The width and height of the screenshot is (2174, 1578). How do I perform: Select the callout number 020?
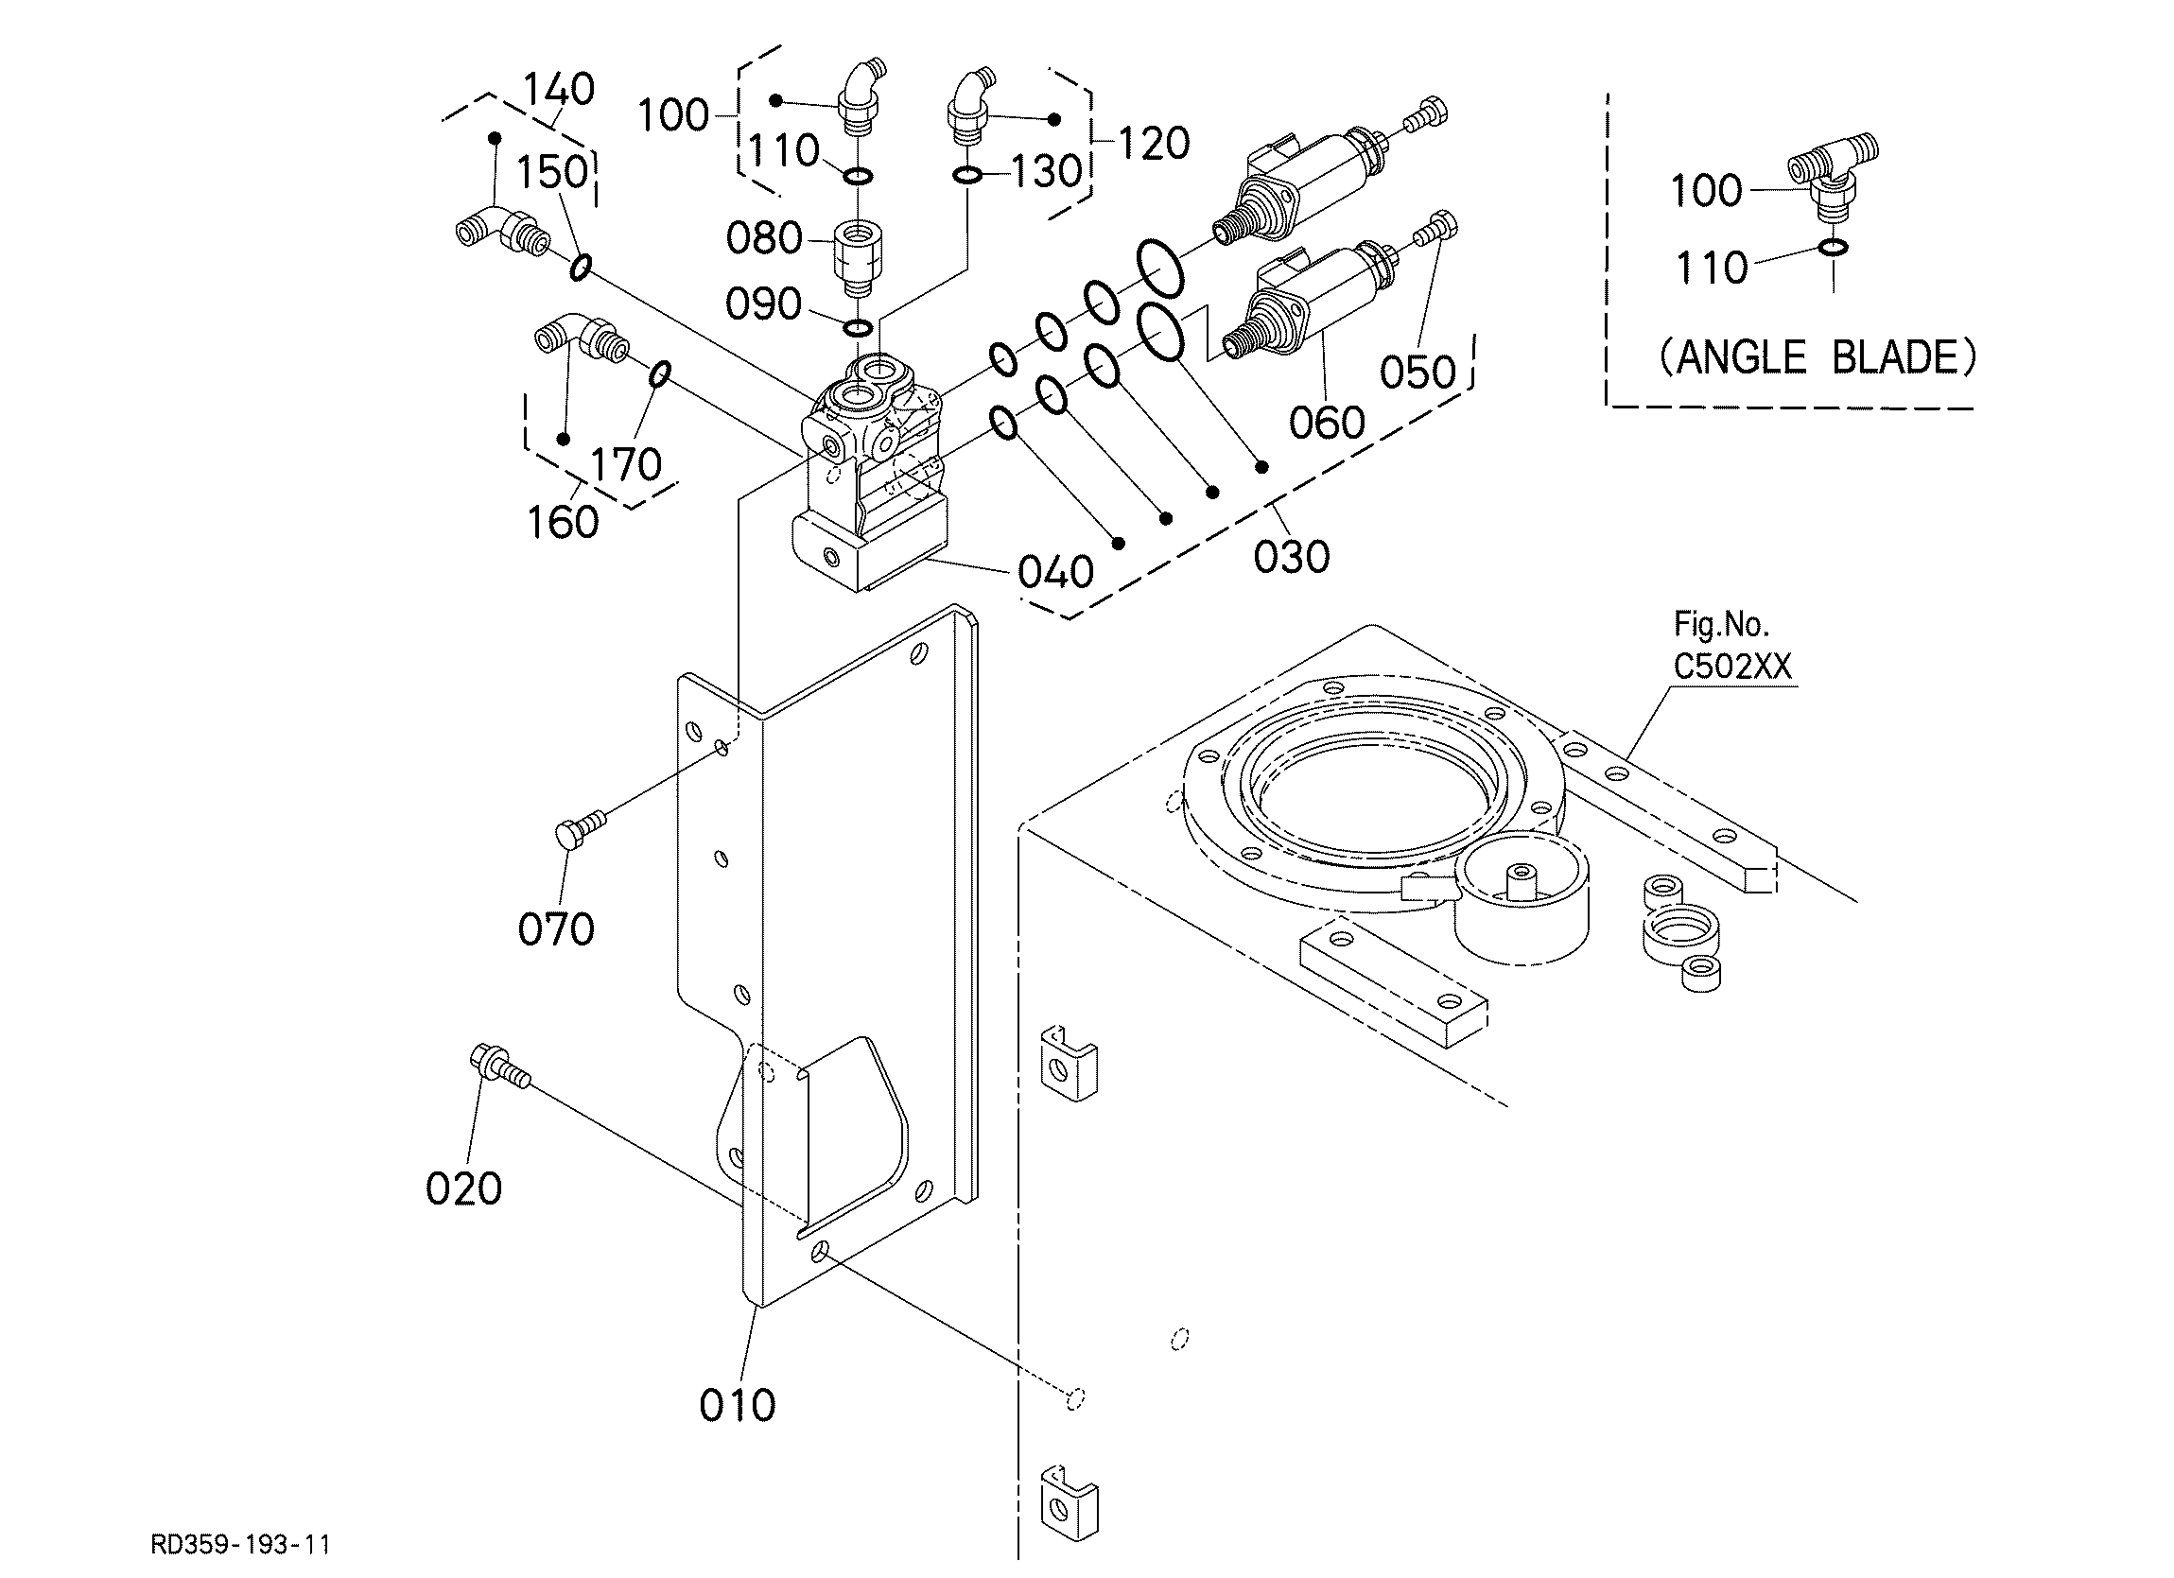click(x=464, y=1188)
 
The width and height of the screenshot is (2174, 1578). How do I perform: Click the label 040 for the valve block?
click(x=1055, y=572)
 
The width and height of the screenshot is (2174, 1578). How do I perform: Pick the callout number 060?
click(x=1327, y=423)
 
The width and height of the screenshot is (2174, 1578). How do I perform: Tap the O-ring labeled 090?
click(x=857, y=329)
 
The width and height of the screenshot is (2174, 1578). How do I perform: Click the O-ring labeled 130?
click(x=967, y=176)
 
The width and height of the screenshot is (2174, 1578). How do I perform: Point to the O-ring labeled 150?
click(x=580, y=268)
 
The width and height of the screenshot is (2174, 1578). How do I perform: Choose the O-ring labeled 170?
click(x=660, y=374)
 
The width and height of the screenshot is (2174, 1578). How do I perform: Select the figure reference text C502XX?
click(x=1732, y=667)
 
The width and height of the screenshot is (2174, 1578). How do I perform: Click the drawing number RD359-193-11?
click(x=240, y=1545)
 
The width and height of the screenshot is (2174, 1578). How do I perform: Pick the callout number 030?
click(x=1291, y=557)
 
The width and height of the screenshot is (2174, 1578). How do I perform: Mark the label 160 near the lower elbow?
click(x=563, y=523)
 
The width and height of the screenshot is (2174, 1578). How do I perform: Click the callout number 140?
click(x=560, y=89)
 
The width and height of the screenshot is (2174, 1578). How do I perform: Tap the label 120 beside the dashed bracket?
click(x=1153, y=144)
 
